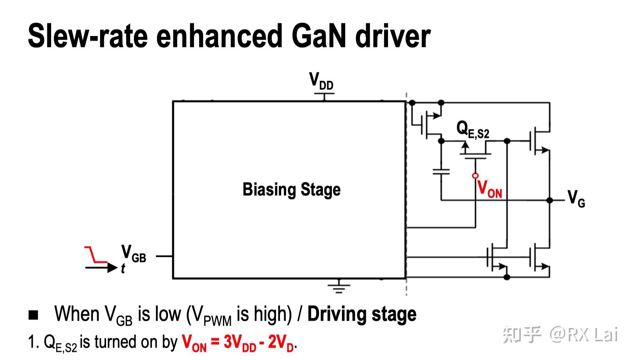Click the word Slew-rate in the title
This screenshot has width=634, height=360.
[88, 36]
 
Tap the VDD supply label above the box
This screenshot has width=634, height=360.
[321, 81]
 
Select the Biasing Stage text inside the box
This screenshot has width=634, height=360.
[291, 190]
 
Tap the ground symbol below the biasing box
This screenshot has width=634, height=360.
[338, 287]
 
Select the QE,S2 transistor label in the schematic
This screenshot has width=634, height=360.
[472, 129]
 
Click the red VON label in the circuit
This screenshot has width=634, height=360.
[490, 189]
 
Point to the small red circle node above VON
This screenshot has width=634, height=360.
[475, 176]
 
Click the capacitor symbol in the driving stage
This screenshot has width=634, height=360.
[441, 171]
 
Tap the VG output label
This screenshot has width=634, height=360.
[576, 198]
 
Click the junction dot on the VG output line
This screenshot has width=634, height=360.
[550, 200]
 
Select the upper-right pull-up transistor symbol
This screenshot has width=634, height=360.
[539, 141]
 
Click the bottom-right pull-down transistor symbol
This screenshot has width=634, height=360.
[539, 258]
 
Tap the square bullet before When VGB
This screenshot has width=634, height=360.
[34, 315]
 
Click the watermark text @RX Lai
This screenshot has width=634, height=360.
[584, 335]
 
